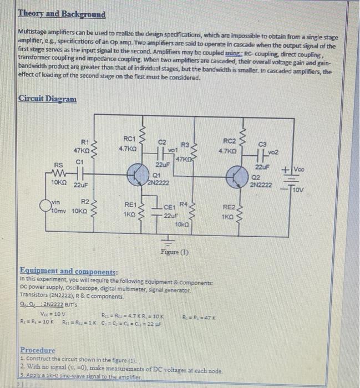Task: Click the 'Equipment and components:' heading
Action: [x=68, y=272]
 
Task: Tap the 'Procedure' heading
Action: [x=38, y=350]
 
